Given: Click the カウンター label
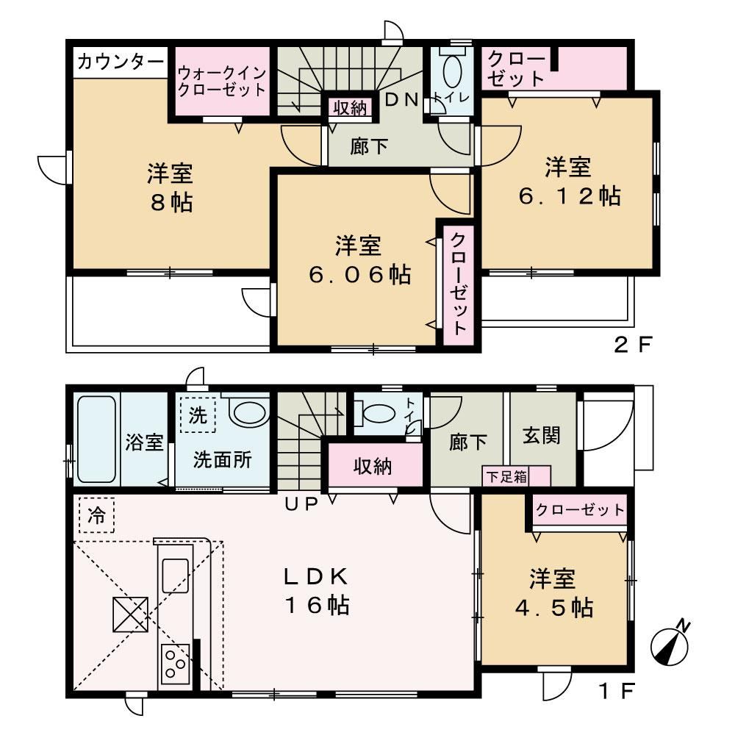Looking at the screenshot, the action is (x=121, y=62).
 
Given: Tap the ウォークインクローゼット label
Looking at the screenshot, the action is (x=222, y=81).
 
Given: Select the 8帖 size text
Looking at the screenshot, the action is (x=171, y=204).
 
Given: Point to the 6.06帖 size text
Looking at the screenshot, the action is (x=359, y=274).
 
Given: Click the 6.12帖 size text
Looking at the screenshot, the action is (x=570, y=196).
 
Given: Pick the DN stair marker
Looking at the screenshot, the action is (x=401, y=99).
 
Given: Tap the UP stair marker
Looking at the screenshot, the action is (x=301, y=503).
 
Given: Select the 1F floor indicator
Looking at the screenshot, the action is (x=618, y=690).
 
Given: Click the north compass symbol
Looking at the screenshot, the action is (x=670, y=645).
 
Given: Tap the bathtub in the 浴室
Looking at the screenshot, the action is (x=96, y=440).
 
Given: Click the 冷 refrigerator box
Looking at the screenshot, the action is (x=96, y=515).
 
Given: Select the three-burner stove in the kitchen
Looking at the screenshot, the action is (x=176, y=663).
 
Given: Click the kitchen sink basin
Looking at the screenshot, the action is (x=176, y=576).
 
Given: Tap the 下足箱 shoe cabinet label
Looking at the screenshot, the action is (x=506, y=477).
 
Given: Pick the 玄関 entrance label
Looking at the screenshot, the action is (x=541, y=435).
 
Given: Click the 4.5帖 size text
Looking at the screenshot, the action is (x=554, y=608).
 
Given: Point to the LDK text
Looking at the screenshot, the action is (x=316, y=576).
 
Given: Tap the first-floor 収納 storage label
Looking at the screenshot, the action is (x=373, y=467).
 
